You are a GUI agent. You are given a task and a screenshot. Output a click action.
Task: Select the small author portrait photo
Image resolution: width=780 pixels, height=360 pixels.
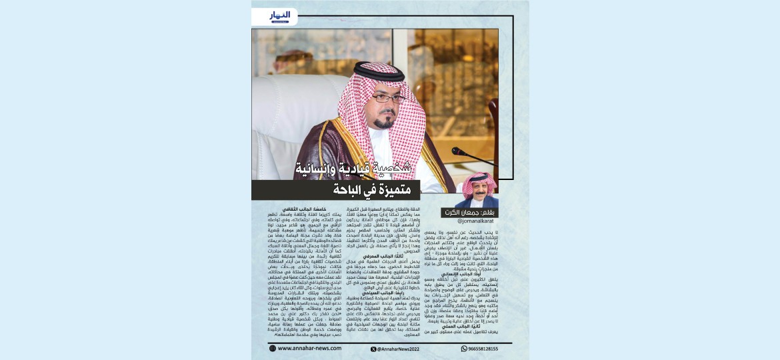(479, 190)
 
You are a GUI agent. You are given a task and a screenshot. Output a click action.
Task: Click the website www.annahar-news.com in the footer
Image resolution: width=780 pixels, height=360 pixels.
(307, 348)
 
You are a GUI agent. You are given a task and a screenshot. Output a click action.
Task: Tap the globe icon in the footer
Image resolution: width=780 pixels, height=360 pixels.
(272, 348)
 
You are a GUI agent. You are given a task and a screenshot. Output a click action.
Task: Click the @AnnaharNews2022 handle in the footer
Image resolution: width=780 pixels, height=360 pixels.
(399, 348)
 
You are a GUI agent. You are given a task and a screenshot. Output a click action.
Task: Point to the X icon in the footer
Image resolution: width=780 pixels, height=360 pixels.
(373, 348)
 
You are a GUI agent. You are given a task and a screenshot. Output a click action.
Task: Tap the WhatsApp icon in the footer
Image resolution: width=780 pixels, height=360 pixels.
(464, 348)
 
